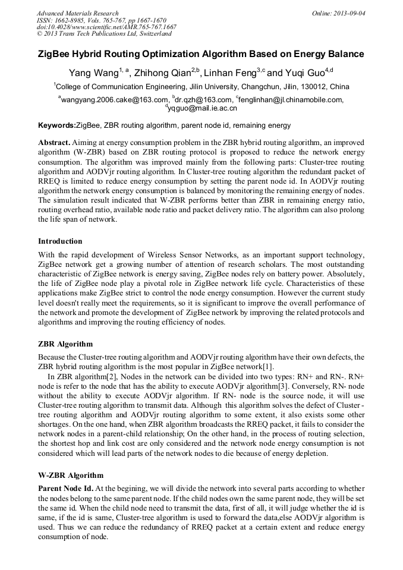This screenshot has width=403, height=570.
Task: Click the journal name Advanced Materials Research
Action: pyautogui.click(x=77, y=13)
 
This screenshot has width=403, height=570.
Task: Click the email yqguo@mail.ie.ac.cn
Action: pyautogui.click(x=203, y=108)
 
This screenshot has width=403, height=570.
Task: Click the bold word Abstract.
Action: pyautogui.click(x=54, y=143)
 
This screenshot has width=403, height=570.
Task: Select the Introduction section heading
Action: pyautogui.click(x=60, y=241)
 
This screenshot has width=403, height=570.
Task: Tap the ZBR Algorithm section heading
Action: pyautogui.click(x=65, y=344)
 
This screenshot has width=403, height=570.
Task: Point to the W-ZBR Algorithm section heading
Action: pyautogui.click(x=71, y=475)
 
